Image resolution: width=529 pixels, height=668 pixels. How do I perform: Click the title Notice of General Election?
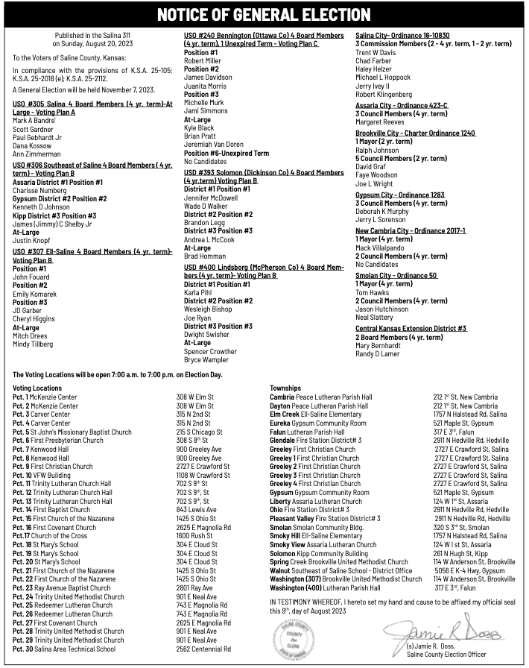(x=264, y=14)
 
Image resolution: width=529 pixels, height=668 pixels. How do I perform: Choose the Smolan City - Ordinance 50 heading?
(x=396, y=275)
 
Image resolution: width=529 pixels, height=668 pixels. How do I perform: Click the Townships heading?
(x=285, y=388)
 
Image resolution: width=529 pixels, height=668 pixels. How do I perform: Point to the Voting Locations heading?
(x=37, y=388)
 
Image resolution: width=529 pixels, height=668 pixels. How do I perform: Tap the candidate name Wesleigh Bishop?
(x=208, y=309)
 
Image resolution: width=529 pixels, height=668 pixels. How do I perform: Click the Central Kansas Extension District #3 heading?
(x=411, y=328)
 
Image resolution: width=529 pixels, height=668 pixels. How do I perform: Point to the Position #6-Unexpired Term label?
(x=227, y=153)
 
